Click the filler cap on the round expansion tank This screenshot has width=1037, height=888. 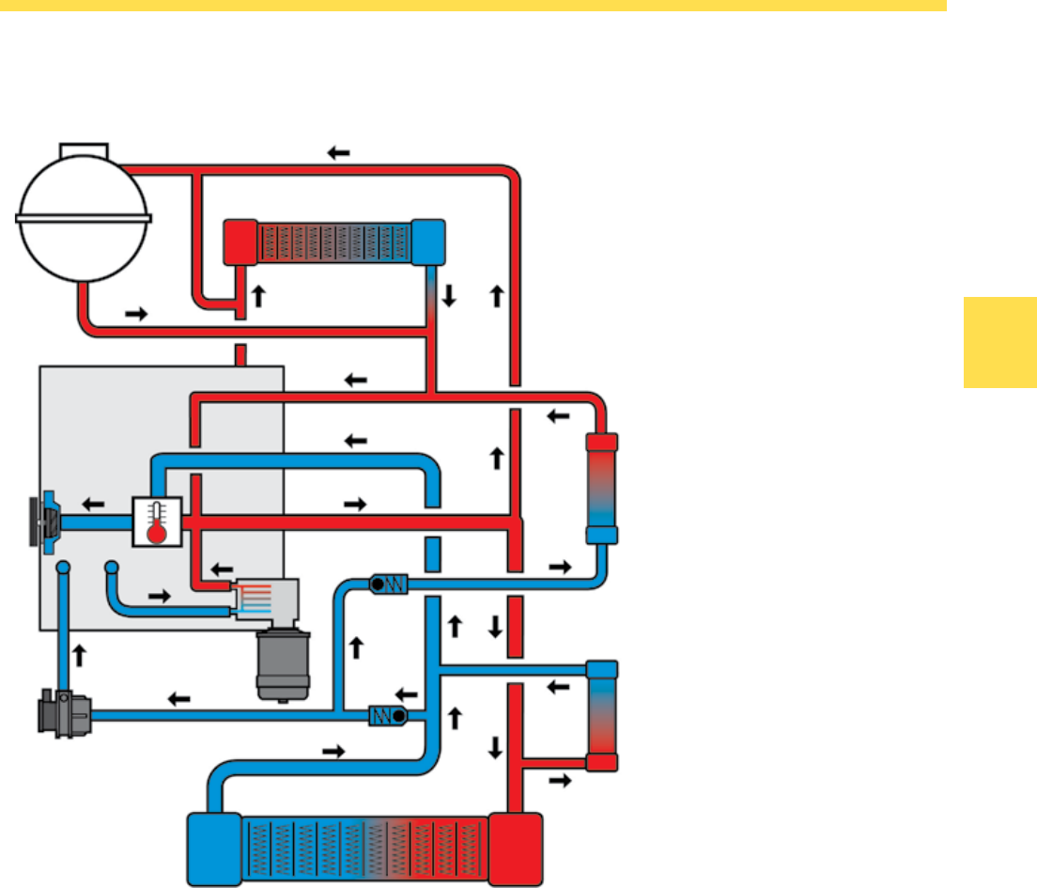[x=84, y=151]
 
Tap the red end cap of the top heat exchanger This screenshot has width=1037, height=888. [x=240, y=241]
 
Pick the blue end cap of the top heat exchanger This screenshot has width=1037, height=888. [x=428, y=241]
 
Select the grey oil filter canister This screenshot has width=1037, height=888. [x=278, y=665]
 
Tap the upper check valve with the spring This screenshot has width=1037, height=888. [x=387, y=584]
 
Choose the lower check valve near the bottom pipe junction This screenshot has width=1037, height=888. [x=386, y=716]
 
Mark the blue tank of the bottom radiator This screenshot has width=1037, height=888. [x=215, y=849]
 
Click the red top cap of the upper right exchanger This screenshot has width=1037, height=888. [x=601, y=443]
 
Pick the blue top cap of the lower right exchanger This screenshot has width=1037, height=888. [x=602, y=670]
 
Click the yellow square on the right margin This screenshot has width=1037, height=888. [x=999, y=342]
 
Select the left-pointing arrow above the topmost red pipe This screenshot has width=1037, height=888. [x=338, y=152]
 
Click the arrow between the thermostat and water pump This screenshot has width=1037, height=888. [x=94, y=504]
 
